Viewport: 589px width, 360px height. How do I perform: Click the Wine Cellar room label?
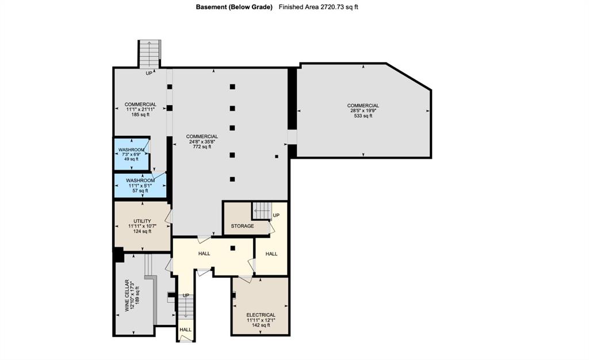pyautogui.click(x=127, y=296)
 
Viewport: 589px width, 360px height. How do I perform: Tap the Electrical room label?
pyautogui.click(x=261, y=315)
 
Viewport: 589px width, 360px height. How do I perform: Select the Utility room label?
pyautogui.click(x=143, y=221)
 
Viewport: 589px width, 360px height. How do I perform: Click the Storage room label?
pyautogui.click(x=242, y=226)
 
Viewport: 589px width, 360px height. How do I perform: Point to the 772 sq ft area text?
pyautogui.click(x=202, y=147)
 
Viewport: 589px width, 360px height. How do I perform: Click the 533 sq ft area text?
pyautogui.click(x=364, y=116)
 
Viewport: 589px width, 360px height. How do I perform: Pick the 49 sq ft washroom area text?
pyautogui.click(x=132, y=159)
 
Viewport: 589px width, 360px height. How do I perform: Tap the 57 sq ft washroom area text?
pyautogui.click(x=140, y=191)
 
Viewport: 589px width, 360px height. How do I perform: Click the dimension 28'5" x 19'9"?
pyautogui.click(x=364, y=111)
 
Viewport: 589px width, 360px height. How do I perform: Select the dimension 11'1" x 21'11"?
pyautogui.click(x=140, y=109)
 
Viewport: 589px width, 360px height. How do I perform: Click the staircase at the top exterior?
pyautogui.click(x=149, y=54)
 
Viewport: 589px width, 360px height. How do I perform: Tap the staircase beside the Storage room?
pyautogui.click(x=262, y=210)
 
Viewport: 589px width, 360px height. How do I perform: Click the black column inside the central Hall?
pyautogui.click(x=233, y=248)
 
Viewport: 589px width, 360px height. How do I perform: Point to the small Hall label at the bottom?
pyautogui.click(x=186, y=330)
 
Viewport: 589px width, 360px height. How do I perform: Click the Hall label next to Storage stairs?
pyautogui.click(x=271, y=254)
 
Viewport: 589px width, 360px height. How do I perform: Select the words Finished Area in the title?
pyautogui.click(x=299, y=7)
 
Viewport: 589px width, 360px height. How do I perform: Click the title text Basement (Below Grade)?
pyautogui.click(x=234, y=7)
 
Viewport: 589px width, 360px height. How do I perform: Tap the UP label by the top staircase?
pyautogui.click(x=149, y=73)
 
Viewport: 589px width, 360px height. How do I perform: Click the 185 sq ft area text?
pyautogui.click(x=140, y=114)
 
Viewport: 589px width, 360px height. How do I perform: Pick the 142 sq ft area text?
pyautogui.click(x=261, y=325)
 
